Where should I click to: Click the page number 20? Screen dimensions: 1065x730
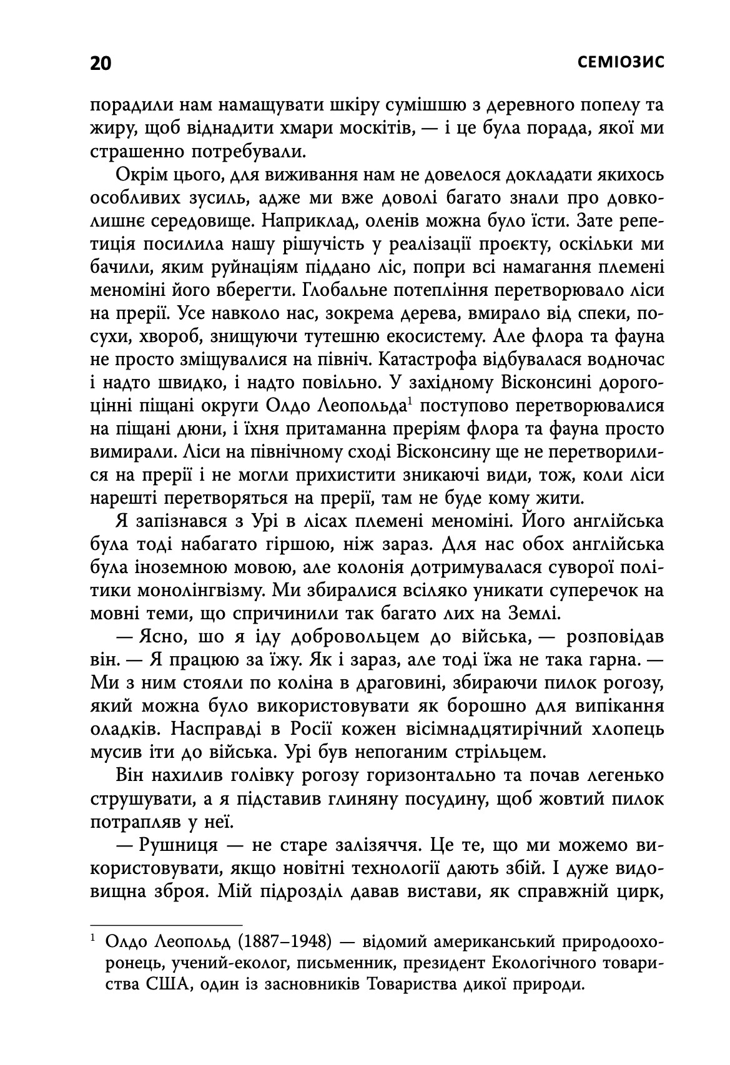(101, 64)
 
